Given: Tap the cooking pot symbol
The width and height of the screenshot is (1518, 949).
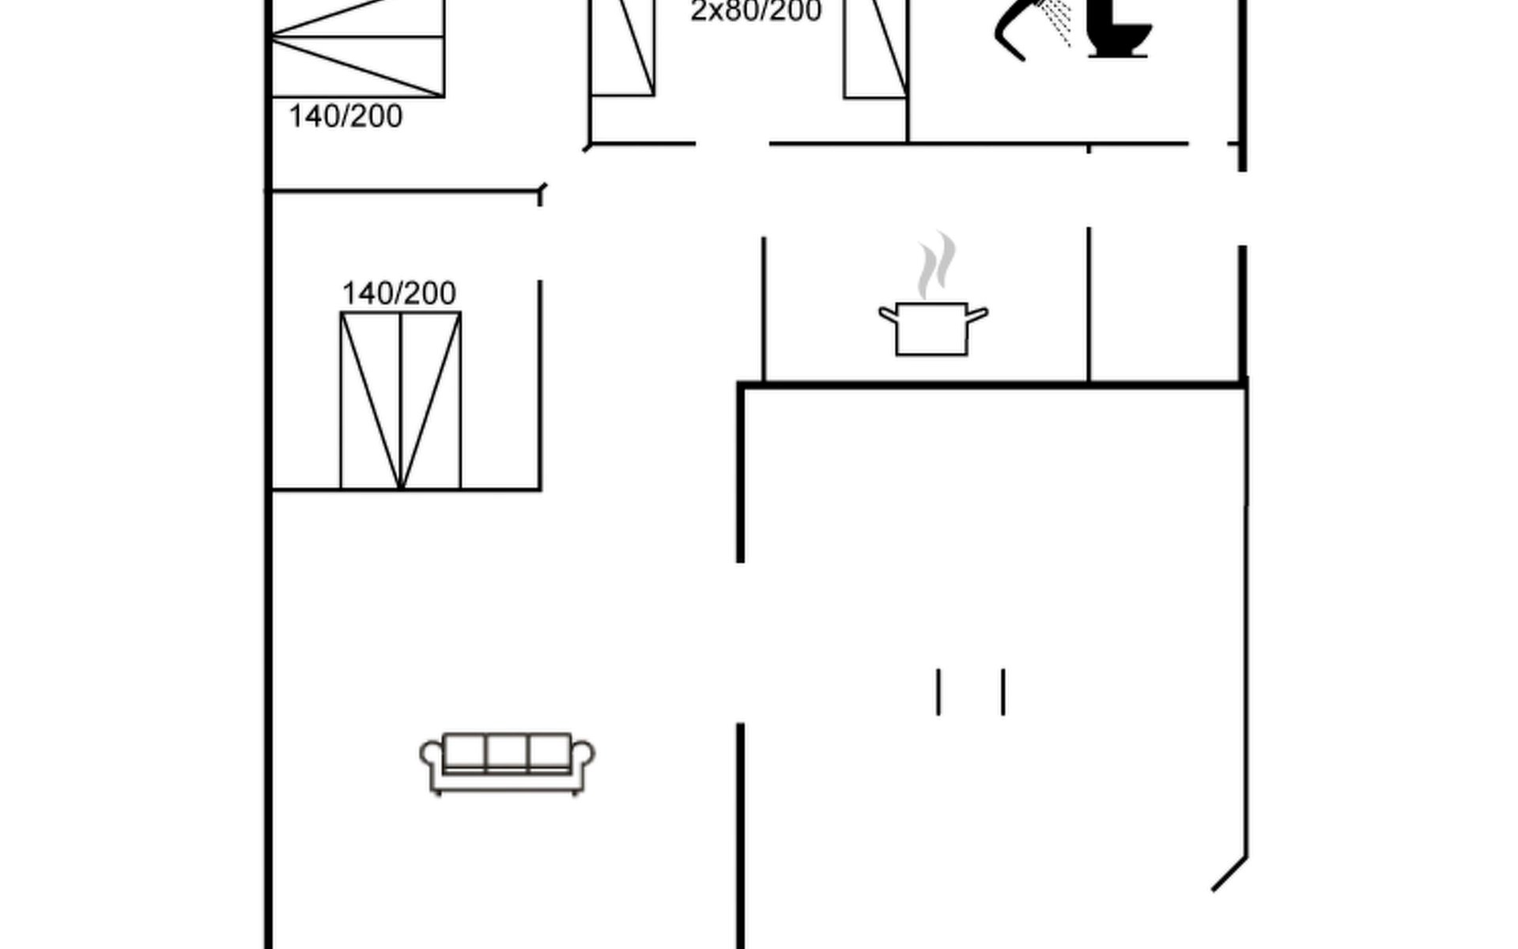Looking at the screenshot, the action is click(x=933, y=328).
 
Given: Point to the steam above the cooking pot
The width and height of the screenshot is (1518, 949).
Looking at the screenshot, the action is click(x=936, y=264).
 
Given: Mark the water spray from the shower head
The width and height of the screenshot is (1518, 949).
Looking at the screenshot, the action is click(x=1057, y=22).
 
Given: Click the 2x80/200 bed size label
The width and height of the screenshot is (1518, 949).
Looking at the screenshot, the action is click(x=756, y=11).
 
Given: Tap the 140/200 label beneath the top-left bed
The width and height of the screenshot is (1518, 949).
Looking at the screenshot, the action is click(x=346, y=116).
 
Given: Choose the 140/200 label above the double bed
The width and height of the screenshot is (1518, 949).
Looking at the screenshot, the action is click(x=398, y=293).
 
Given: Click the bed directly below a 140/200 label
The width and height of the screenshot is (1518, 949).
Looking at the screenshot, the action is click(x=401, y=401).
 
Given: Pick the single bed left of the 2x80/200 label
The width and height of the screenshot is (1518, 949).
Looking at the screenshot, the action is click(x=623, y=48).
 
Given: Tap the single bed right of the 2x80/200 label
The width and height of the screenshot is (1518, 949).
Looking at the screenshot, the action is click(x=875, y=49).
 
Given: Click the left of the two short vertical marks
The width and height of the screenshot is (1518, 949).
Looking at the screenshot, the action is click(x=938, y=692).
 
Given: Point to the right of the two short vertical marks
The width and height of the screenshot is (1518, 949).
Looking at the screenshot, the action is click(x=1003, y=692).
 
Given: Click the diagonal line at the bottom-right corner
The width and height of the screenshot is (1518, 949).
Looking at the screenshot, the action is click(x=1229, y=874).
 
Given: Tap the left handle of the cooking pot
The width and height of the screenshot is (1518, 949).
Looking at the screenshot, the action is click(x=889, y=315).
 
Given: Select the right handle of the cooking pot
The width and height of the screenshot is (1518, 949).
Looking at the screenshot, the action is click(x=978, y=315).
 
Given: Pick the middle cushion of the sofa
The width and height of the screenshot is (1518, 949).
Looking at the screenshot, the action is click(x=507, y=751).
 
